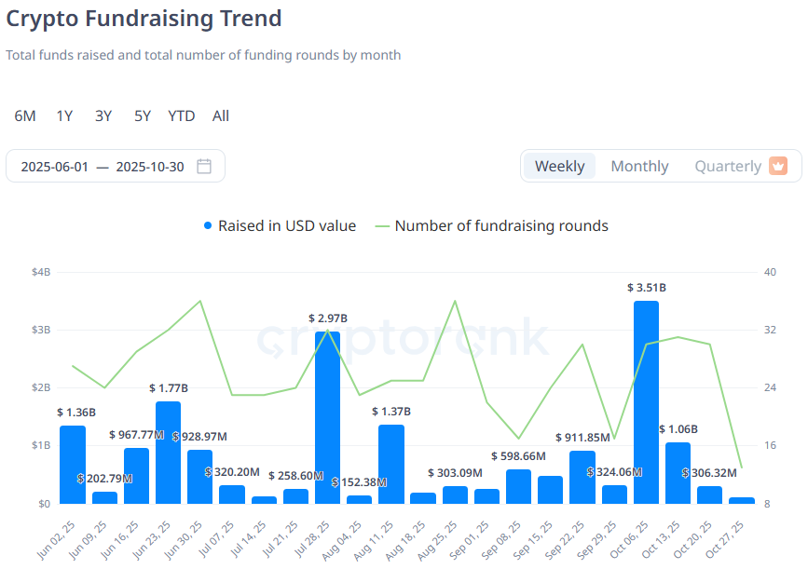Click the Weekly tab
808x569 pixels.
click(559, 166)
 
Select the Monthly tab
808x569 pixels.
click(639, 166)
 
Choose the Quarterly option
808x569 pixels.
click(728, 166)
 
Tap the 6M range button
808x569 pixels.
click(25, 115)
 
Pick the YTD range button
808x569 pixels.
click(181, 115)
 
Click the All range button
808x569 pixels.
click(221, 115)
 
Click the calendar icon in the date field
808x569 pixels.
click(204, 167)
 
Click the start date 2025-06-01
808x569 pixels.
click(55, 167)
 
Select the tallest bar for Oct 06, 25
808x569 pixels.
click(646, 402)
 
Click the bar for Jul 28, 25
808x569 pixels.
click(327, 417)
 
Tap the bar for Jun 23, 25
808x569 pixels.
click(168, 453)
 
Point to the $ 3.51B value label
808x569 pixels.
click(646, 288)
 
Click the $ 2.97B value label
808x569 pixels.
click(328, 318)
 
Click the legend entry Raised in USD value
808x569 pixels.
click(280, 225)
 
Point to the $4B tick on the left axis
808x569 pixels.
click(41, 272)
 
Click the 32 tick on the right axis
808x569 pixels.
click(770, 330)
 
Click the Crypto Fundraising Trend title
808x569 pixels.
click(144, 18)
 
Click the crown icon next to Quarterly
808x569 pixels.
click(778, 166)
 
